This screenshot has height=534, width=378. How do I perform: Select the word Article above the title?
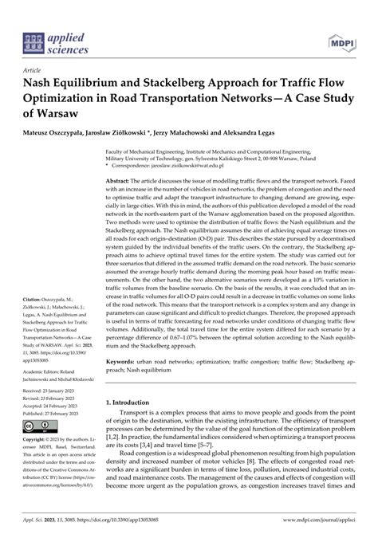[33, 69]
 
